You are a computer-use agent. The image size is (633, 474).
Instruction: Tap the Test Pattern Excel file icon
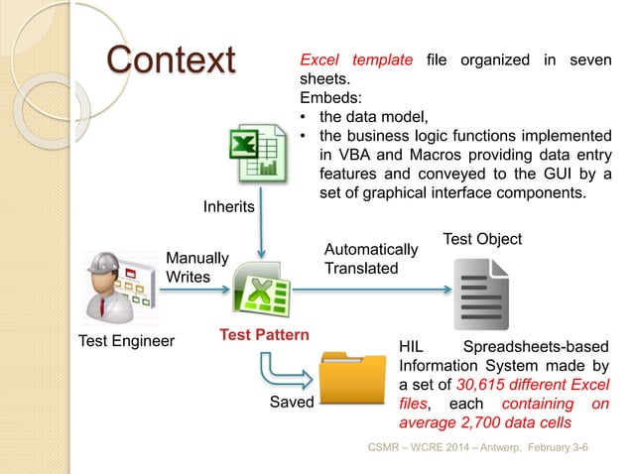pyautogui.click(x=261, y=293)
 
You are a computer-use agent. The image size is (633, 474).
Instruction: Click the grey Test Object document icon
pyautogui.click(x=481, y=294)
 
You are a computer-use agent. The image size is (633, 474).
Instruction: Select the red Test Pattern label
pyautogui.click(x=260, y=335)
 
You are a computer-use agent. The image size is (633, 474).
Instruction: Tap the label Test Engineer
pyautogui.click(x=125, y=343)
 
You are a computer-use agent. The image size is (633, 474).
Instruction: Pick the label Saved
pyautogui.click(x=293, y=404)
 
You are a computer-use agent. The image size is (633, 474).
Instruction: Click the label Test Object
pyautogui.click(x=481, y=239)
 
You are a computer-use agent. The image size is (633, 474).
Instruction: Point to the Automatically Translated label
pyautogui.click(x=371, y=259)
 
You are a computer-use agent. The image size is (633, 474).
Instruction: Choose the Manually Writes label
pyautogui.click(x=196, y=267)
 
